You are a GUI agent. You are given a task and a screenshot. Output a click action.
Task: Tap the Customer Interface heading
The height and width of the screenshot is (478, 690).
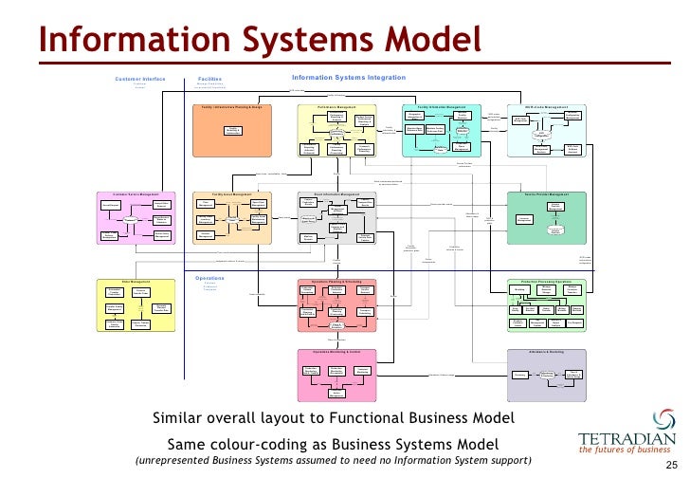point(140,78)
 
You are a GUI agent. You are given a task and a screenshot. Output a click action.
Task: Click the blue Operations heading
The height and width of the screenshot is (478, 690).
point(209,278)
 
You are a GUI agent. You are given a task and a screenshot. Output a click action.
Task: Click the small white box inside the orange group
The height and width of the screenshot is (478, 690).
point(231,130)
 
